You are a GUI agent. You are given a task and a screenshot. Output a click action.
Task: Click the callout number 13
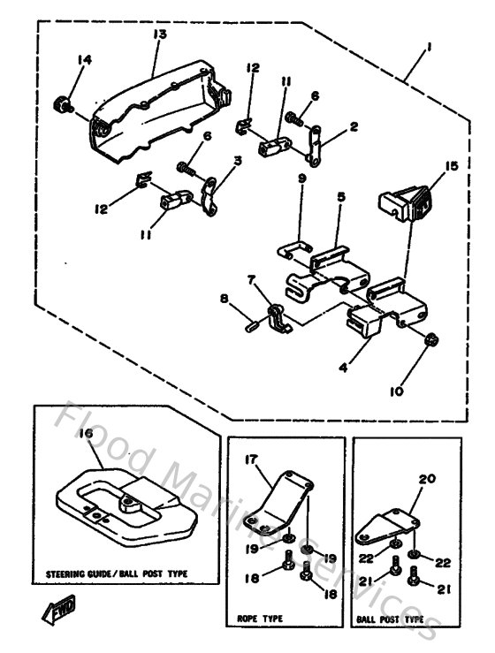pyautogui.click(x=159, y=34)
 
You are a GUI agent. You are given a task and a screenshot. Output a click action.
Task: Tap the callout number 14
pyautogui.click(x=85, y=60)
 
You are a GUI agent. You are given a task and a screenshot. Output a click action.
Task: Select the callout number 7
pyautogui.click(x=251, y=279)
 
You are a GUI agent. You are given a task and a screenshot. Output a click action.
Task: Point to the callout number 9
pyautogui.click(x=301, y=178)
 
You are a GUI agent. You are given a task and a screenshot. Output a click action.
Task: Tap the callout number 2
pyautogui.click(x=354, y=126)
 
